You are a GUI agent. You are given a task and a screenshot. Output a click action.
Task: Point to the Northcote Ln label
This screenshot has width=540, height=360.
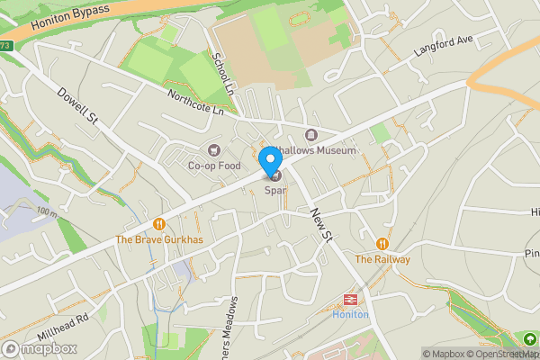point(194,102)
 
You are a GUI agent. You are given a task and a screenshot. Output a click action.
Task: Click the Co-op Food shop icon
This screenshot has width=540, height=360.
point(213,150)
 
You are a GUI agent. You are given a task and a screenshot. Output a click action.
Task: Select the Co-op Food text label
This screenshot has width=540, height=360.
point(213,166)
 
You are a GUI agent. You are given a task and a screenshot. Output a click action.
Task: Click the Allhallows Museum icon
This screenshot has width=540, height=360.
point(310,135)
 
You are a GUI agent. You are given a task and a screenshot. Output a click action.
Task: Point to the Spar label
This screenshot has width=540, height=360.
point(274,190)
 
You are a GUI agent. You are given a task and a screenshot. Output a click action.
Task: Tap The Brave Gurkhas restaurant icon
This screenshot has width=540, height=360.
point(159,223)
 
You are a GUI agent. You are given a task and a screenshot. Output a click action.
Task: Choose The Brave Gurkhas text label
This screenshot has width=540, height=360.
point(159,238)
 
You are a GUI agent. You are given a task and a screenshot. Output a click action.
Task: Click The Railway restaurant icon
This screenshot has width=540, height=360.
point(382,244)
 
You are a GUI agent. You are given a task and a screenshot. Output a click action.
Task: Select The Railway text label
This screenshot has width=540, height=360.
point(382,259)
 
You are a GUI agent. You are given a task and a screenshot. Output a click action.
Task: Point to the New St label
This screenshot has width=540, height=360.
point(320,224)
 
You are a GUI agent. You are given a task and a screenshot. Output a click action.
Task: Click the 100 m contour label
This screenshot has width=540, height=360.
point(47,213)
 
